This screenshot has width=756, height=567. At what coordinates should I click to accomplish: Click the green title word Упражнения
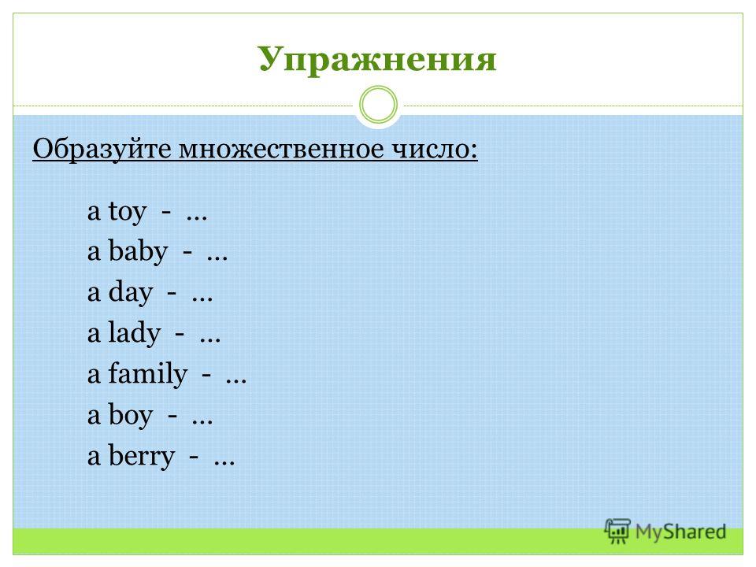coord(377,60)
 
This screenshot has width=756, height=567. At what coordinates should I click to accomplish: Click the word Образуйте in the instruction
coord(102,149)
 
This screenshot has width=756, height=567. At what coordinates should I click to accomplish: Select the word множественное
coord(282,149)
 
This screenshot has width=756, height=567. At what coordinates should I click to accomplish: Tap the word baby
coord(138,251)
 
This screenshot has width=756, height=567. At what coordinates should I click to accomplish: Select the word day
coord(130,292)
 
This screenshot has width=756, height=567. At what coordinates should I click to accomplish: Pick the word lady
coord(134,333)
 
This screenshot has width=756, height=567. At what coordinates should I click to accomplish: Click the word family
coord(147,373)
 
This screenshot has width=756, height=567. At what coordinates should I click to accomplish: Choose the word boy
coord(130,415)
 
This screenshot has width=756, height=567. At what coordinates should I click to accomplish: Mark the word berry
coord(141,456)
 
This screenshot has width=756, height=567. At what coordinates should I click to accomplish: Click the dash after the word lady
coord(180,333)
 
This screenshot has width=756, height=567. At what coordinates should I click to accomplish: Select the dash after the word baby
coord(187,252)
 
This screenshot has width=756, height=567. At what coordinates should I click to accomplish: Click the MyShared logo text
coord(680,532)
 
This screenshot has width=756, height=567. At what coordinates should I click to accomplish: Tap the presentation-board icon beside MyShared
coord(617,532)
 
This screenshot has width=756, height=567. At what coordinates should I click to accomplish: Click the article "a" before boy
coord(94,416)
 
